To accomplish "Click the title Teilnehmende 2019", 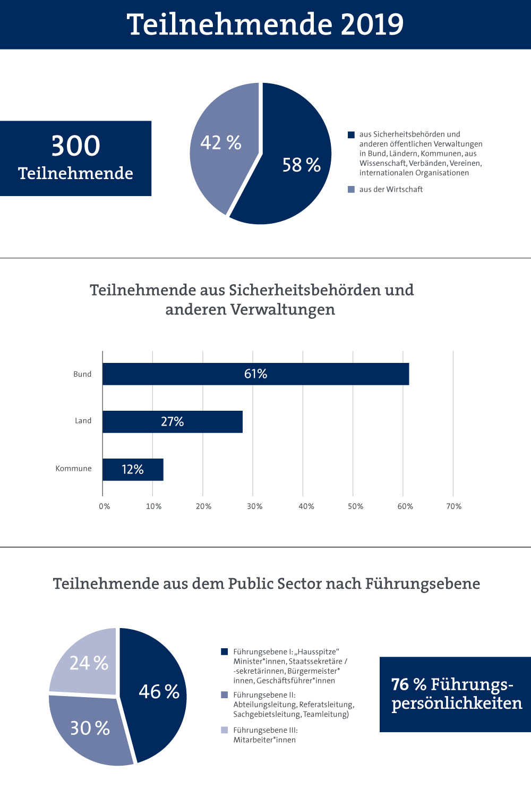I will click(x=265, y=24).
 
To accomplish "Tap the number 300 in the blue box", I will click(x=75, y=146).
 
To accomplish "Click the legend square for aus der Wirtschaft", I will click(x=351, y=189).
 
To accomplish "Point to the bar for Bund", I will click(x=255, y=374).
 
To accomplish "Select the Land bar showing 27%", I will click(x=172, y=422).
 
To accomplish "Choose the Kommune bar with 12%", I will click(x=133, y=470).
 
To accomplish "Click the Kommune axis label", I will click(x=73, y=469).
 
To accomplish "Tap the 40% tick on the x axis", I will click(x=306, y=506).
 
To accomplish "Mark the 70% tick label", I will click(x=454, y=506).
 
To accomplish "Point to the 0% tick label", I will click(x=105, y=506).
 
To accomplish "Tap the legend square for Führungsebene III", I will click(x=225, y=730).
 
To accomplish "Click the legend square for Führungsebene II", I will click(x=225, y=695).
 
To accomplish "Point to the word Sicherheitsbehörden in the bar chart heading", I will click(x=305, y=290).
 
